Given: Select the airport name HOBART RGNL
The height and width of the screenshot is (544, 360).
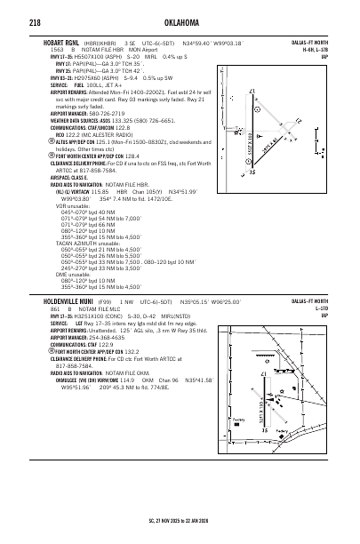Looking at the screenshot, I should pos(63,42).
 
